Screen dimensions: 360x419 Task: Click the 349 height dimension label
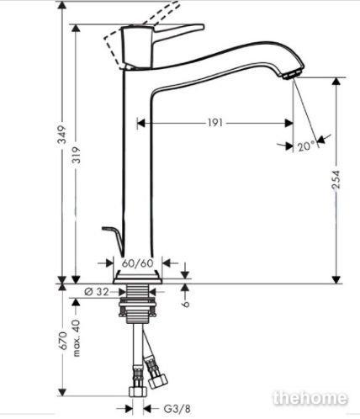(62, 135)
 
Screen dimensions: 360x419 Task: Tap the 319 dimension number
(77, 155)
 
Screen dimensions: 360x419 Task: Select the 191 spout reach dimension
(215, 123)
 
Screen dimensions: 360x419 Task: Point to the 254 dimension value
(336, 179)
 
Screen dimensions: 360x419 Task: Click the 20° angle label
(306, 146)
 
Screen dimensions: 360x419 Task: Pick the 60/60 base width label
(138, 263)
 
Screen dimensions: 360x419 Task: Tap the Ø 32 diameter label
(97, 292)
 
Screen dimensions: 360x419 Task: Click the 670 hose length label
(62, 341)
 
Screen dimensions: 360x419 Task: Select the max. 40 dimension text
(77, 337)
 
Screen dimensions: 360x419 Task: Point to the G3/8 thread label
(177, 409)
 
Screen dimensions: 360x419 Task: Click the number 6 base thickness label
(186, 304)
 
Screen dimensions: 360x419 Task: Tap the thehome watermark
(310, 398)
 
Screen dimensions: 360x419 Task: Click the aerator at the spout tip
(292, 74)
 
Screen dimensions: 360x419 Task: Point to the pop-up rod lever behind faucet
(114, 241)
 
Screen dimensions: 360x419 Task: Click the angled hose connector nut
(157, 381)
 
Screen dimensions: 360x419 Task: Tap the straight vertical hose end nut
(138, 391)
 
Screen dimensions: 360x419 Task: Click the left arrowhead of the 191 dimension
(141, 123)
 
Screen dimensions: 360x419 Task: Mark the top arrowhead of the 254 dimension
(336, 82)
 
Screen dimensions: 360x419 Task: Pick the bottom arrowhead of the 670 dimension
(62, 392)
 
